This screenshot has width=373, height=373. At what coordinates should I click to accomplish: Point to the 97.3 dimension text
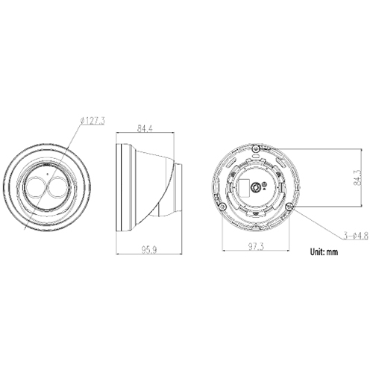coord(256,245)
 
